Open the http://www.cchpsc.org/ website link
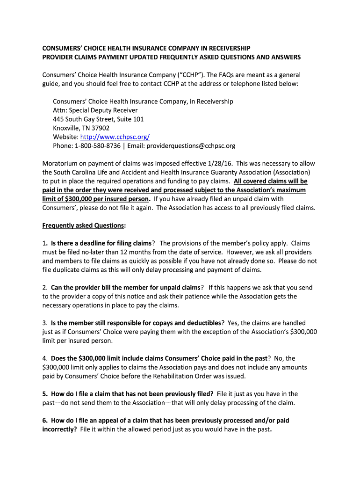tap(115, 137)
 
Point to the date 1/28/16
tap(220, 164)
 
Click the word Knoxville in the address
tap(67, 128)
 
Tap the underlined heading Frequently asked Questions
tap(83, 225)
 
